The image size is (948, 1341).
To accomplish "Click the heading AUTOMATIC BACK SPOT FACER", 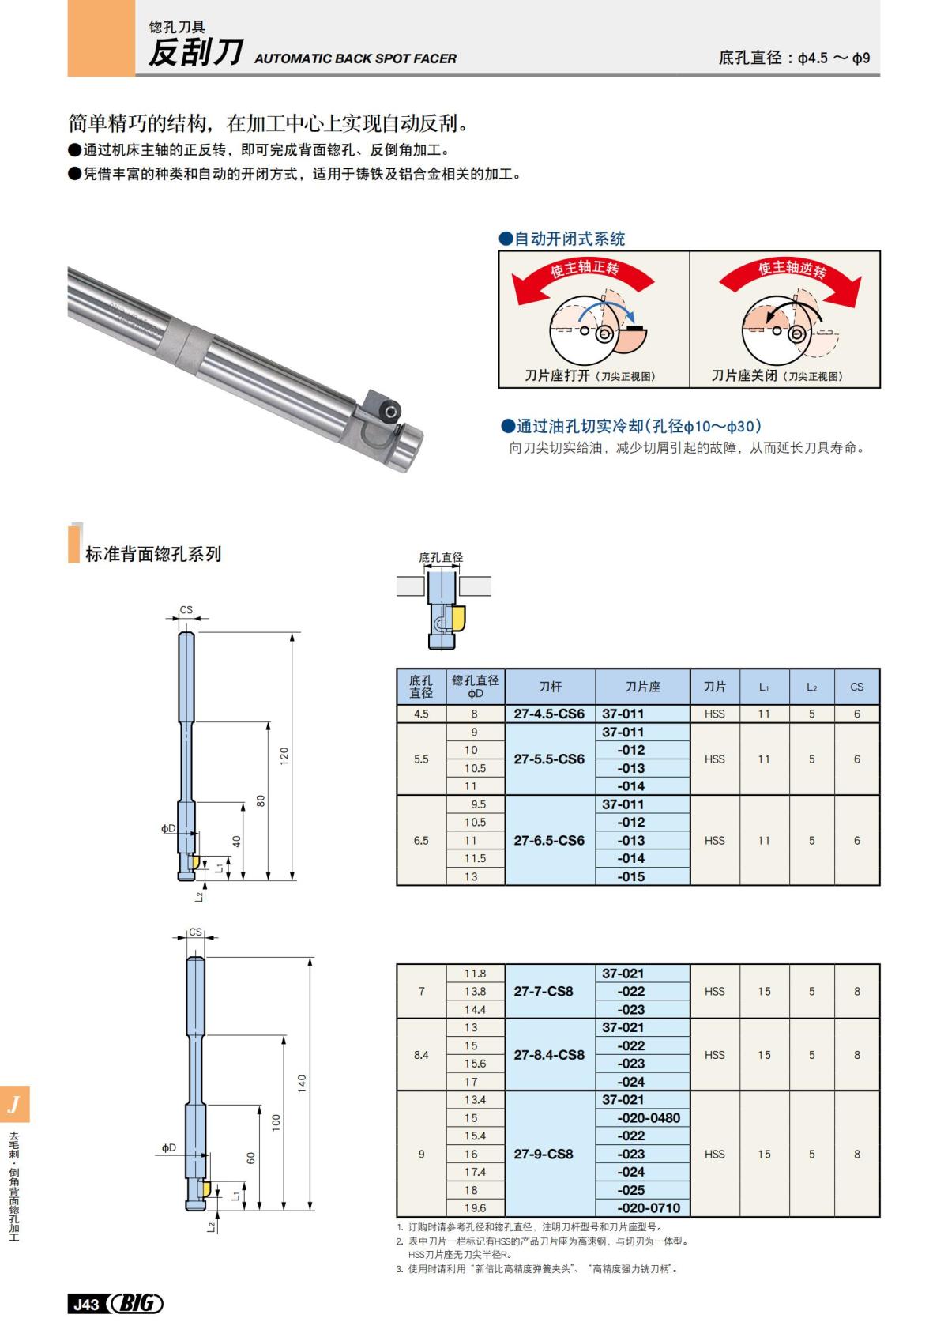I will pos(355,58).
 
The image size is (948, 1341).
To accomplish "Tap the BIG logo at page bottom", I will pos(136,1303).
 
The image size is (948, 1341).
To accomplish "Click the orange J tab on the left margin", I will pos(14,1104).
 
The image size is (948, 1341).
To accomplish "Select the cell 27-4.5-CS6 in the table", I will pos(549,714).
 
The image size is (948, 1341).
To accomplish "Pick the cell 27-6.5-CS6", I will pos(549,840).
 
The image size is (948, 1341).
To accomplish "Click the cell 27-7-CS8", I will pos(544,991).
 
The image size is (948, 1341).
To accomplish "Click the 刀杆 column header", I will pos(550,687).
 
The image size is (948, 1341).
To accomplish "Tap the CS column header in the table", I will pos(856,687).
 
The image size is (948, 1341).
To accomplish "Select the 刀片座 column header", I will pos(642,687).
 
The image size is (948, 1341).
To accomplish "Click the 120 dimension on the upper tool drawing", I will pos(284,755).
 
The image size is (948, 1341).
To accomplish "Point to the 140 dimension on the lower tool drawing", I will pos(302,1083).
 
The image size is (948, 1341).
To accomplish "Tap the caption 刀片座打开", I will pos(558,375).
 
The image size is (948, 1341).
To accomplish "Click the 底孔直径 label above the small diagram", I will pos(441,557).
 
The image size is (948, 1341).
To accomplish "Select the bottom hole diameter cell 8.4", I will pos(421,1055).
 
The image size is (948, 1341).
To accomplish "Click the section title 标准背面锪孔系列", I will pos(153,554).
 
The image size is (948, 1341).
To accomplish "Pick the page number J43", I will pos(86,1304).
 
